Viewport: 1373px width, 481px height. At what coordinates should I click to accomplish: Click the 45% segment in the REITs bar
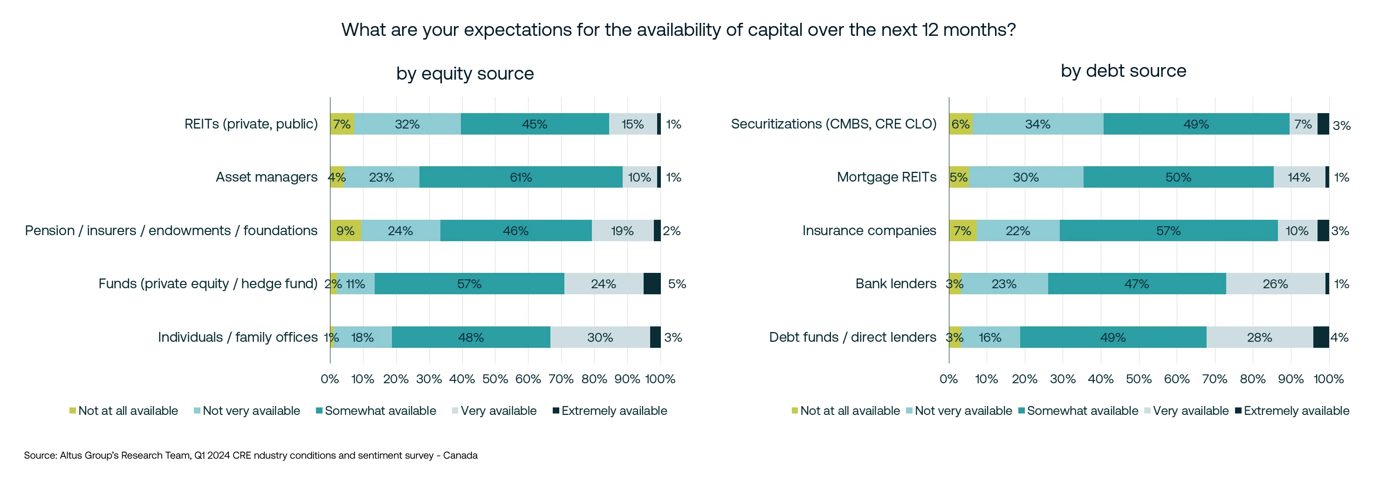point(535,124)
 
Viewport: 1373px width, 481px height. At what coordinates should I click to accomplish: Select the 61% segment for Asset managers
point(521,177)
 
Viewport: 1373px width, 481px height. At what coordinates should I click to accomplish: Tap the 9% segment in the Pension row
point(345,230)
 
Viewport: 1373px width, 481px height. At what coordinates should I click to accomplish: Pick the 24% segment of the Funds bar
point(604,284)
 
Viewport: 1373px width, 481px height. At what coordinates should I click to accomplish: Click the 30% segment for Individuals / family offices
point(600,337)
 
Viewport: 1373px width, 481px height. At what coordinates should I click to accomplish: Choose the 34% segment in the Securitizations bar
point(1037,124)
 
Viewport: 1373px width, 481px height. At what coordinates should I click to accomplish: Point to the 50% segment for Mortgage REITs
point(1178,177)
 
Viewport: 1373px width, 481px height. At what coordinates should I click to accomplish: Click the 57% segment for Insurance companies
point(1168,230)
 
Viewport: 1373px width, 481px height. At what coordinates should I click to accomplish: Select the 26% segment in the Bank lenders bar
point(1275,284)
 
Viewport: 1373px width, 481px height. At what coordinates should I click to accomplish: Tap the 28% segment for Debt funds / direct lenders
point(1259,337)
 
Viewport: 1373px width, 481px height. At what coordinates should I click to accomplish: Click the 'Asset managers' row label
point(267,177)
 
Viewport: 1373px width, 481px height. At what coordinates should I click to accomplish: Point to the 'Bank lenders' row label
point(895,284)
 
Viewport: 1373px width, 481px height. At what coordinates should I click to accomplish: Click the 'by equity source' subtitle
point(465,74)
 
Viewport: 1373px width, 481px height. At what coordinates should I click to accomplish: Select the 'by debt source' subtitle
point(1123,71)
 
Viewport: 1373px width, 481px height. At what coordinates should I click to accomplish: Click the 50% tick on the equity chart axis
point(494,379)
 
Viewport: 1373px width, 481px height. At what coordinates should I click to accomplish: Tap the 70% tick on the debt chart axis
point(1215,379)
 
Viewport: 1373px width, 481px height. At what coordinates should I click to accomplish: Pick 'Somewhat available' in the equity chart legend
point(380,411)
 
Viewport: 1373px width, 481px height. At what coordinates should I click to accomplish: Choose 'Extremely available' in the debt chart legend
point(1296,411)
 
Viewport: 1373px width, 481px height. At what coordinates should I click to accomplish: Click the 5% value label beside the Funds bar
point(677,284)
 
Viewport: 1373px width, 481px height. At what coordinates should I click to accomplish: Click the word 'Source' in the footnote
point(40,455)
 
